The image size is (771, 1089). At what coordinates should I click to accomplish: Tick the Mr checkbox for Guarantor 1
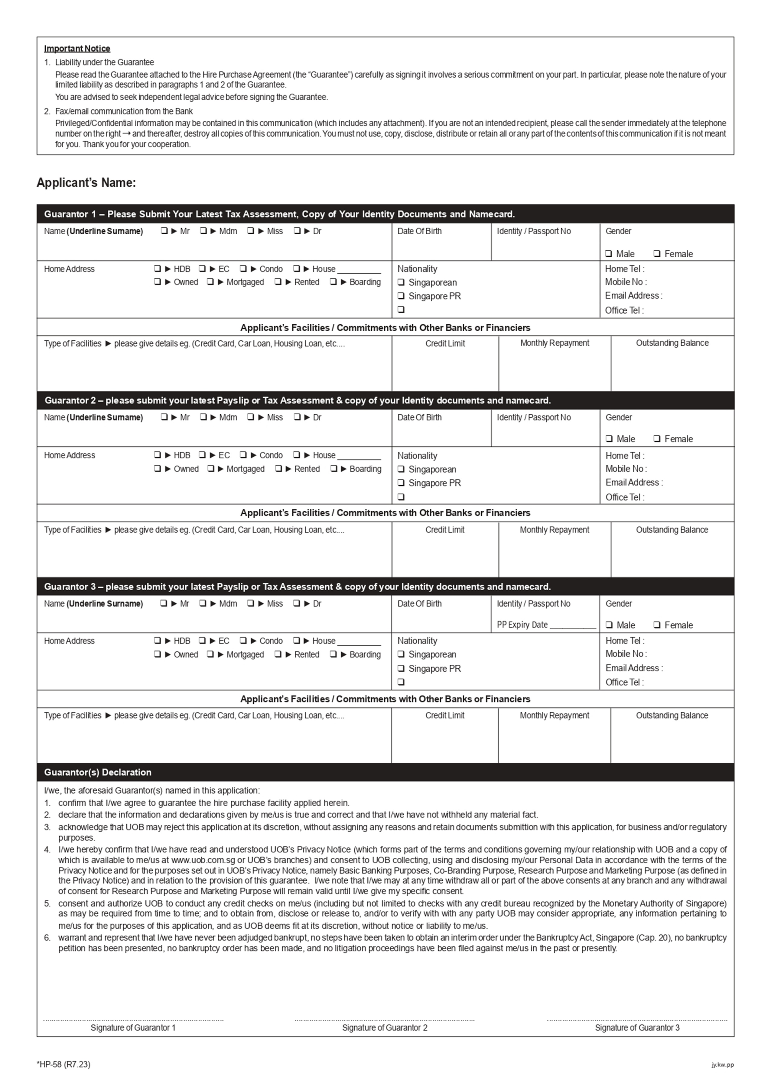pos(164,231)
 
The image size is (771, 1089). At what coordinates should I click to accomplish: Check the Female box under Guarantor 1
pos(657,254)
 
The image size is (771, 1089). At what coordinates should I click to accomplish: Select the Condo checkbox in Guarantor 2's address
pos(243,455)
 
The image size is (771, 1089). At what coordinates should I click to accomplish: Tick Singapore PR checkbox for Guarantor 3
pos(401,668)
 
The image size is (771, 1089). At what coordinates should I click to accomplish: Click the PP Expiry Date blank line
pos(573,626)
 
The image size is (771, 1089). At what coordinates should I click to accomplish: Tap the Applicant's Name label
pos(86,183)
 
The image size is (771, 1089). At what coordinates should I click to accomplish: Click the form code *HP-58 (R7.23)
pos(63,1064)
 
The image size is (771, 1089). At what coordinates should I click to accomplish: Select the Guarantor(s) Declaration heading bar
pos(385,772)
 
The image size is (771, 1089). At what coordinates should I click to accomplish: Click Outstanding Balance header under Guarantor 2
pos(672,530)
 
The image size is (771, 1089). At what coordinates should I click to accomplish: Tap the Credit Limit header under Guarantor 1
pos(445,343)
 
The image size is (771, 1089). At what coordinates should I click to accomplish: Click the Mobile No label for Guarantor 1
pos(625,282)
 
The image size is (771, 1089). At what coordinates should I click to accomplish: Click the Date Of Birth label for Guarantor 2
pos(419,417)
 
